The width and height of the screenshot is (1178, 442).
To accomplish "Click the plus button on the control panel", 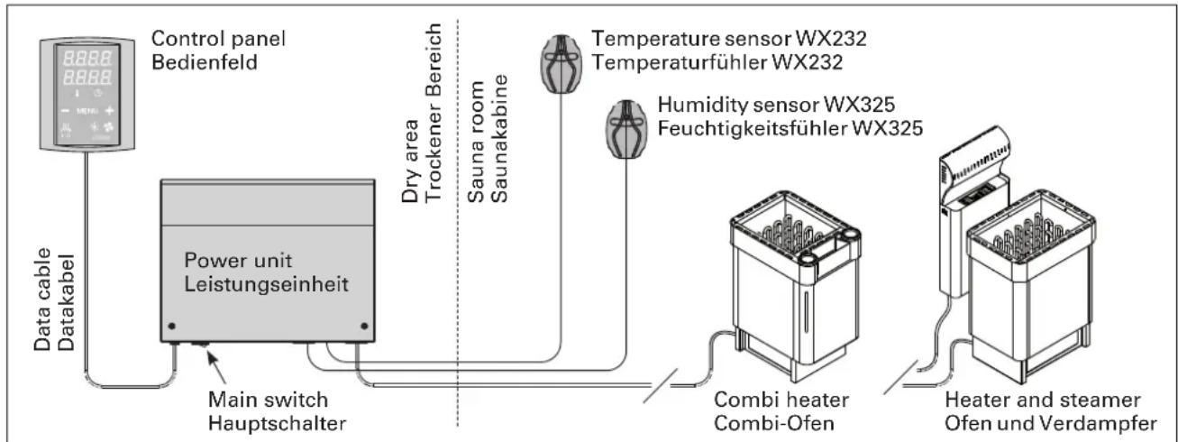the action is [x=109, y=110].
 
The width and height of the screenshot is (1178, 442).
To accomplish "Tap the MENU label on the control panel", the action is [x=87, y=111].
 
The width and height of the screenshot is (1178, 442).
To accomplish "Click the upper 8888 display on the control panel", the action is [x=87, y=58].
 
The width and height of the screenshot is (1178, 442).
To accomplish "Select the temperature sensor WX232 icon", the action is [x=562, y=64].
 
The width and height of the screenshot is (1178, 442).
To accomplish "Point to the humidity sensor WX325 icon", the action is [x=626, y=129].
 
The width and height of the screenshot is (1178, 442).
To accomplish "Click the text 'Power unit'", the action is [x=238, y=261].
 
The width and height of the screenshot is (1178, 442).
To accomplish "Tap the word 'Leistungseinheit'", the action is [x=266, y=285].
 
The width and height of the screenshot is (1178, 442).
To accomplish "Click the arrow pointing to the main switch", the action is [x=216, y=368].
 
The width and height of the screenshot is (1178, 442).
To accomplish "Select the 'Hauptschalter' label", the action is [x=277, y=424].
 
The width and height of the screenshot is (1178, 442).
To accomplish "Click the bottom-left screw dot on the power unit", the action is [x=171, y=327].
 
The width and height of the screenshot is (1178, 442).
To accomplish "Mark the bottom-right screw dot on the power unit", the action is [x=364, y=327].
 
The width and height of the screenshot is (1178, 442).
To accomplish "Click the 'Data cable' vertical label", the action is [x=42, y=299].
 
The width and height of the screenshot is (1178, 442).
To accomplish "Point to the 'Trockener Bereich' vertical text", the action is [x=433, y=112].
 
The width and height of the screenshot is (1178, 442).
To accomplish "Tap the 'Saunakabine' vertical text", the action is [x=498, y=138].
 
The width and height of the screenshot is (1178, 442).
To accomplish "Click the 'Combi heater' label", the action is [x=781, y=400].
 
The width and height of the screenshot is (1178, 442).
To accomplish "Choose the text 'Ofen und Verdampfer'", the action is [x=1050, y=424].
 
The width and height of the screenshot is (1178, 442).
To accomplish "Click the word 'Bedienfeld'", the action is [x=205, y=62].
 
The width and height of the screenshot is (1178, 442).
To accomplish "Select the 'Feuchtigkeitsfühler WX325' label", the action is [x=790, y=128].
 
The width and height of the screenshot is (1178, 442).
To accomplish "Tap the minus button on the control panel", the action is [x=65, y=111].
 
